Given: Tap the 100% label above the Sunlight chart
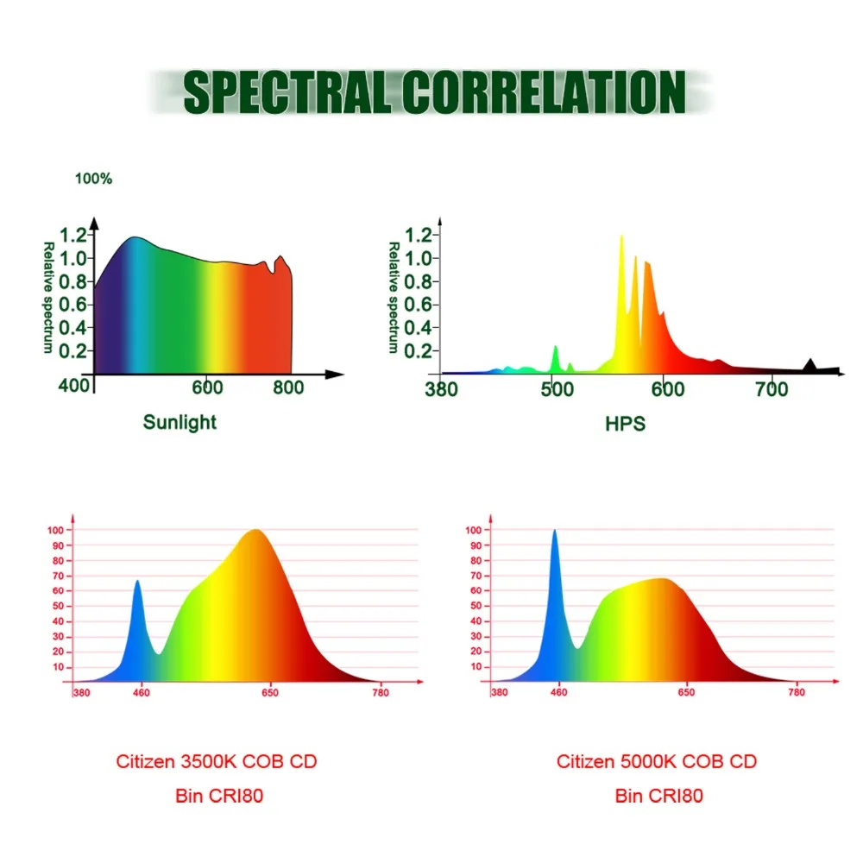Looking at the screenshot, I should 93,180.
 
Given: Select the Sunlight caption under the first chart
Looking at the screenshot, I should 180,422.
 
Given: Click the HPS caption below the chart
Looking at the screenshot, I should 626,424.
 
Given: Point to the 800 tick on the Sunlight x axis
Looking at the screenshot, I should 288,387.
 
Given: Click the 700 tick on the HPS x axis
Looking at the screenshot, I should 772,389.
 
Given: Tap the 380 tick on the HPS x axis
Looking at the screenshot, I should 442,389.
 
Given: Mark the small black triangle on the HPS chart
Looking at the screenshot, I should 809,365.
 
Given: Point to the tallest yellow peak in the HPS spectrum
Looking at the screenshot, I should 621,238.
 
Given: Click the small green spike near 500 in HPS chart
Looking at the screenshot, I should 555,349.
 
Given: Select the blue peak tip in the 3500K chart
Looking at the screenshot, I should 137,582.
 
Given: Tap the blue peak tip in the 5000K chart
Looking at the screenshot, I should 554,532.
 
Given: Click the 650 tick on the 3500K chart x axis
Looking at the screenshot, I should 269,692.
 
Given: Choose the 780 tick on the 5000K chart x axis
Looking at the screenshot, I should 797,692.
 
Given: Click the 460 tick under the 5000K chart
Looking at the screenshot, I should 558,692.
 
